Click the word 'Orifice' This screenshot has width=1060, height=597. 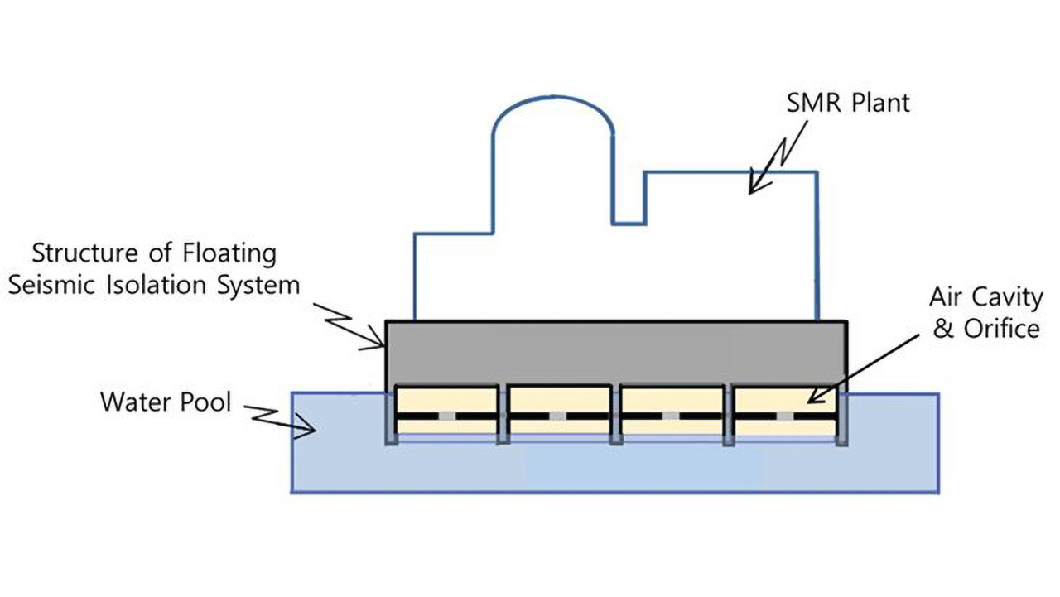1000,329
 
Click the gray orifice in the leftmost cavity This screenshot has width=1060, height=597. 447,415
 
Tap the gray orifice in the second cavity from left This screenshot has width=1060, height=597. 559,415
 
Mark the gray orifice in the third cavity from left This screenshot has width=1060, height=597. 671,415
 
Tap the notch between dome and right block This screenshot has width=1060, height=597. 629,199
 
